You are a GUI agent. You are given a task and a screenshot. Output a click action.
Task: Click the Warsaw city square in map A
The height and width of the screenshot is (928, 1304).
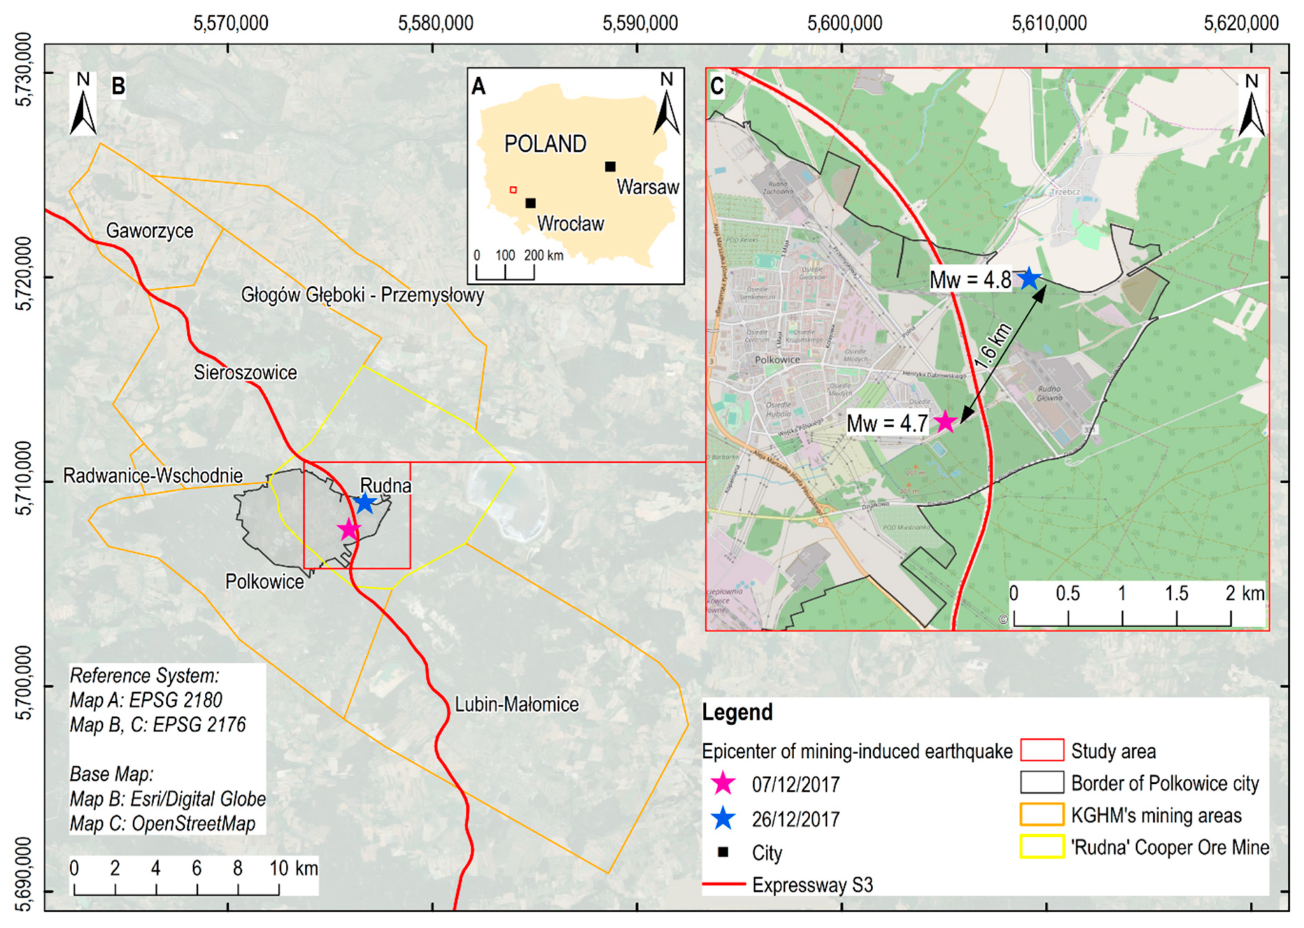click(x=610, y=167)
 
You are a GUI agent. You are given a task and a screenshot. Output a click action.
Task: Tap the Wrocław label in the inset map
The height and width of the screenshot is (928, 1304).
click(x=570, y=224)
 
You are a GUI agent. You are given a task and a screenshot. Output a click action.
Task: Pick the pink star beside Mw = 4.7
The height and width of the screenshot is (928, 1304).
click(x=945, y=422)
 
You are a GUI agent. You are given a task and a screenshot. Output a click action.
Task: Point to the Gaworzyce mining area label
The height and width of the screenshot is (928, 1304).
click(x=150, y=231)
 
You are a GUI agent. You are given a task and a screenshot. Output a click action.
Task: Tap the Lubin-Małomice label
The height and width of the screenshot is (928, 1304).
click(x=517, y=704)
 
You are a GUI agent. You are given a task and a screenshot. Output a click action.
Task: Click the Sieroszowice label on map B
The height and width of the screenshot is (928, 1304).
click(x=245, y=373)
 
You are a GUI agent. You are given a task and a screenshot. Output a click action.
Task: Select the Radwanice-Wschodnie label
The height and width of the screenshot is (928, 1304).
click(x=153, y=476)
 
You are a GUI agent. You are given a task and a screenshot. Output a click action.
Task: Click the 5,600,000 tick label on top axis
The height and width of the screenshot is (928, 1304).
click(x=844, y=23)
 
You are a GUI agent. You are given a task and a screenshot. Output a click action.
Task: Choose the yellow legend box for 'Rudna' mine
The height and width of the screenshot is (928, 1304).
click(x=1042, y=847)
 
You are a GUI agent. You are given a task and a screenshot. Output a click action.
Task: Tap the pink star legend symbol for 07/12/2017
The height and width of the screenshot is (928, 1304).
click(x=724, y=783)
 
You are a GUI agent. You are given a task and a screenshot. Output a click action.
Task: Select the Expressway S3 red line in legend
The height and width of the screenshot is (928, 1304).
click(x=724, y=884)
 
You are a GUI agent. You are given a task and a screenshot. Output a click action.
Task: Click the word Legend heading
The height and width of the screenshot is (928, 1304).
click(x=737, y=713)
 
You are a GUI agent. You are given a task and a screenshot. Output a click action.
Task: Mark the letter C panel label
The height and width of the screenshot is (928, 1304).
click(x=717, y=86)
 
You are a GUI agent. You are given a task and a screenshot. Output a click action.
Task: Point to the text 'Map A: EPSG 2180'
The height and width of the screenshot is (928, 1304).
click(x=145, y=700)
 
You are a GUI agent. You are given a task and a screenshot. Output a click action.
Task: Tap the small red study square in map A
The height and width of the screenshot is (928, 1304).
click(x=513, y=190)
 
